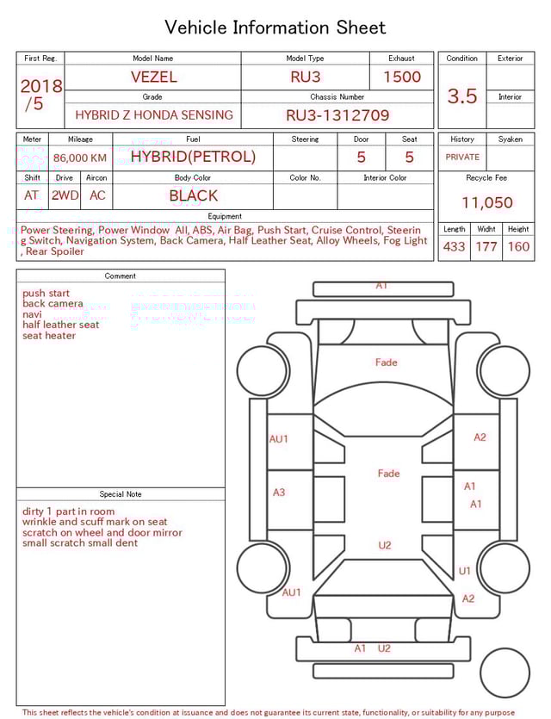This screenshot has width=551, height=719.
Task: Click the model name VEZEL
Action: pyautogui.click(x=153, y=77)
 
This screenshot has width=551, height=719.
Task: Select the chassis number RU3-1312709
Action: pyautogui.click(x=337, y=115)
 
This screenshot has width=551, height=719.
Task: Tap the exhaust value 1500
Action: pyautogui.click(x=401, y=77)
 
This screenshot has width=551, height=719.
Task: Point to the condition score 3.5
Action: pyautogui.click(x=461, y=96)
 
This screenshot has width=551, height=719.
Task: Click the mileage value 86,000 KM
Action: pyautogui.click(x=80, y=158)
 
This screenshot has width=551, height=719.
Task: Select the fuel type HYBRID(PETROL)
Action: pyautogui.click(x=193, y=157)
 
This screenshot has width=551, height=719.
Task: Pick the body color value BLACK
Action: pyautogui.click(x=193, y=195)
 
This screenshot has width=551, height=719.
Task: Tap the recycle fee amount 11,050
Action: pyautogui.click(x=486, y=203)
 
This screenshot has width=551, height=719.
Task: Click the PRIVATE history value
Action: pyautogui.click(x=462, y=157)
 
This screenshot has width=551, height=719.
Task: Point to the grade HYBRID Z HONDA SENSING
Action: pyautogui.click(x=153, y=115)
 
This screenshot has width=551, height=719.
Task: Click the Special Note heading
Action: pyautogui.click(x=121, y=494)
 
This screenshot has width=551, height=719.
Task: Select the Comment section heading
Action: pyautogui.click(x=121, y=276)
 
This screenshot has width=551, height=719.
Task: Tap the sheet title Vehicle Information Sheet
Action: pyautogui.click(x=275, y=28)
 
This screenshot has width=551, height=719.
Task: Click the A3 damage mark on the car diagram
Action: pyautogui.click(x=279, y=493)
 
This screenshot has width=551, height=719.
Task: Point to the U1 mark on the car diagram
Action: pyautogui.click(x=465, y=571)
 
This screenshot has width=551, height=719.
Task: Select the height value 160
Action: pyautogui.click(x=518, y=246)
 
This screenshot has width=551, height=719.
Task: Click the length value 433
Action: pyautogui.click(x=454, y=246)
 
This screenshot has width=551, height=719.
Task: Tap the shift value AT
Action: pyautogui.click(x=32, y=195)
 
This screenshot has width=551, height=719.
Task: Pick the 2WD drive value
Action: pyautogui.click(x=65, y=195)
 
